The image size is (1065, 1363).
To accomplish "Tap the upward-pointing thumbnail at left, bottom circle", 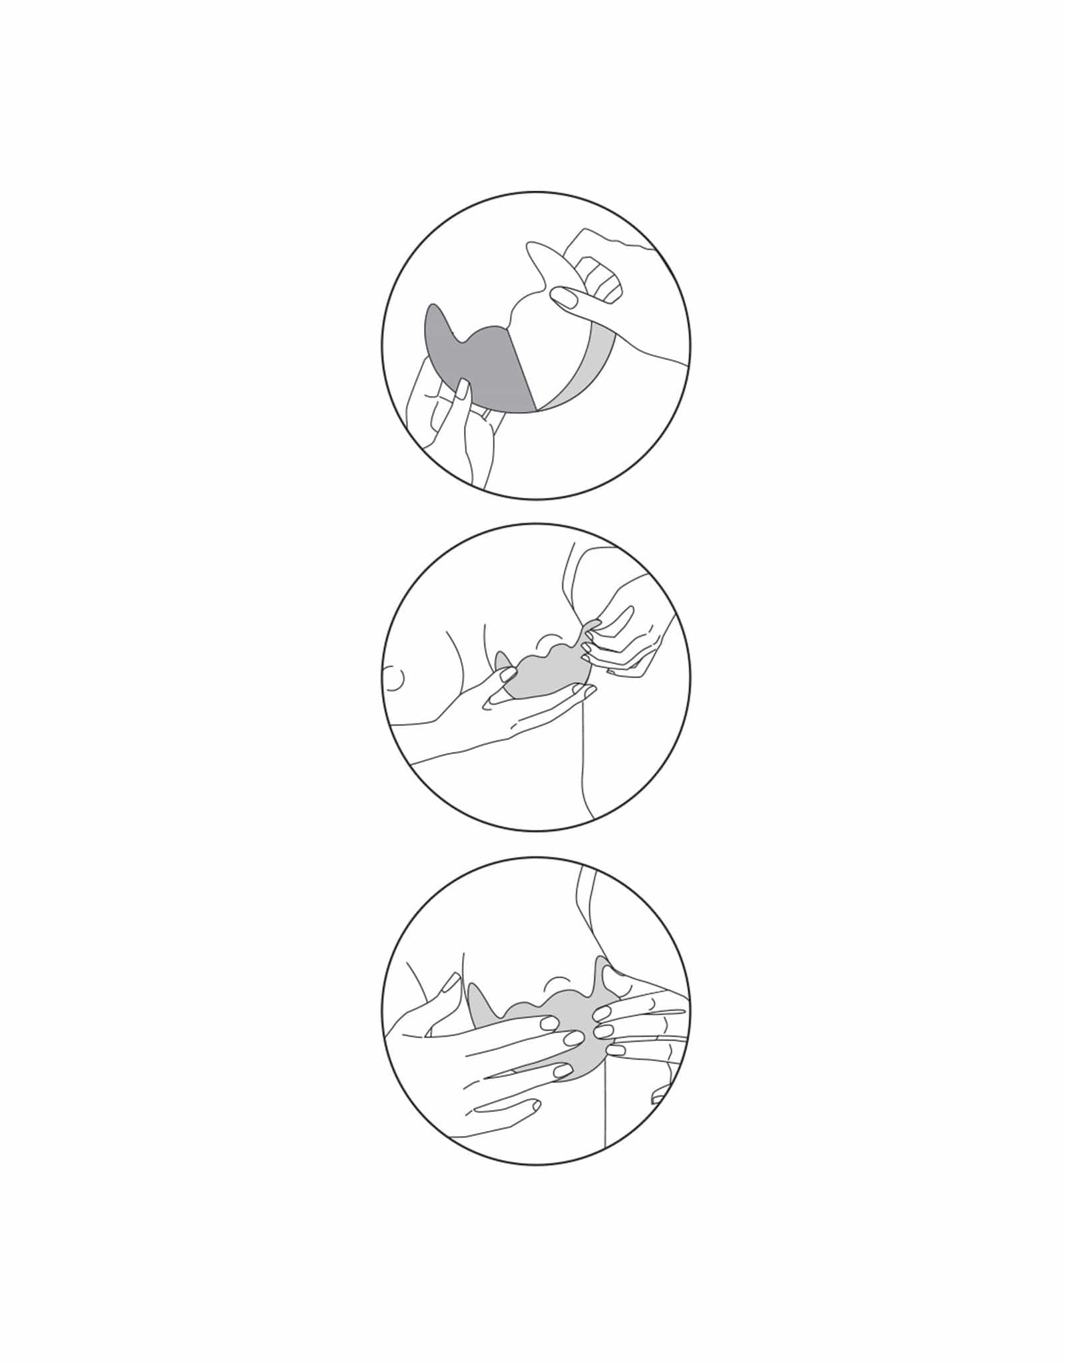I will click(x=452, y=983).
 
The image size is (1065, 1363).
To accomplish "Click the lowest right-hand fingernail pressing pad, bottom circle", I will click(x=616, y=1070).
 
